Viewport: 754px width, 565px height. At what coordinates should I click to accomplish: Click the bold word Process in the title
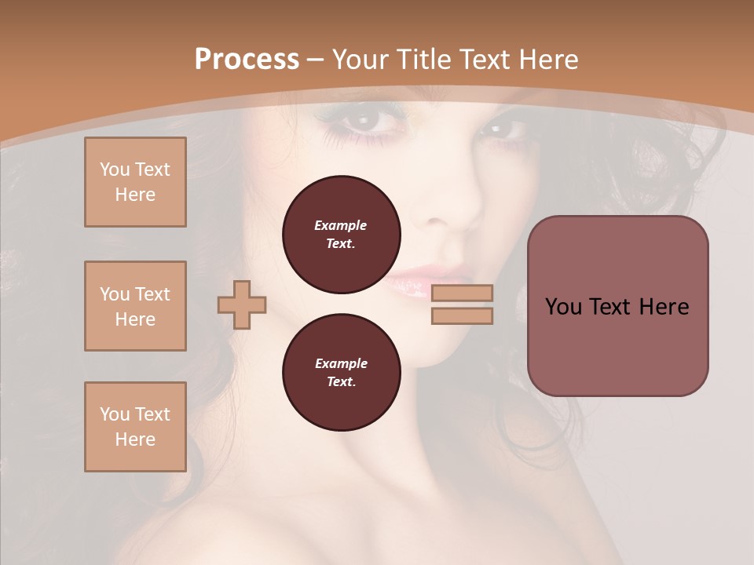point(247,60)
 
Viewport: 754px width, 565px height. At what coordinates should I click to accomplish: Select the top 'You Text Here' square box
point(135,182)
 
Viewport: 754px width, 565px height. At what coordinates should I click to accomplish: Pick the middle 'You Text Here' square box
point(135,306)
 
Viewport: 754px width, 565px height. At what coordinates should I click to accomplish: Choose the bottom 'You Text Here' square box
point(135,427)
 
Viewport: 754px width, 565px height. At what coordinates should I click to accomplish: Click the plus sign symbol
point(242,304)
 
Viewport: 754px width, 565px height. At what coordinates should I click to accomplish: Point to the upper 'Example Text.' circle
point(341,235)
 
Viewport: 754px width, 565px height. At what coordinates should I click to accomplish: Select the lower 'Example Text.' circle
point(341,373)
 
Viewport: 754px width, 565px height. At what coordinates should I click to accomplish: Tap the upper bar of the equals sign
point(462,293)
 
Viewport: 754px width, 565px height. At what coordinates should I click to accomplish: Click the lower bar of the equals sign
point(462,315)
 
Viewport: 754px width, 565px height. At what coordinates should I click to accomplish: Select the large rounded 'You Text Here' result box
point(617,306)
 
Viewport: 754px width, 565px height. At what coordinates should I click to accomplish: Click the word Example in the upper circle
point(341,225)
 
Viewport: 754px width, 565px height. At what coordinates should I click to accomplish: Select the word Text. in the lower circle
point(341,382)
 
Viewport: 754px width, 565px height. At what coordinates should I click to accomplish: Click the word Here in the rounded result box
point(664,306)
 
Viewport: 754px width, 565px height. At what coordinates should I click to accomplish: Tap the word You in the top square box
point(114,169)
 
